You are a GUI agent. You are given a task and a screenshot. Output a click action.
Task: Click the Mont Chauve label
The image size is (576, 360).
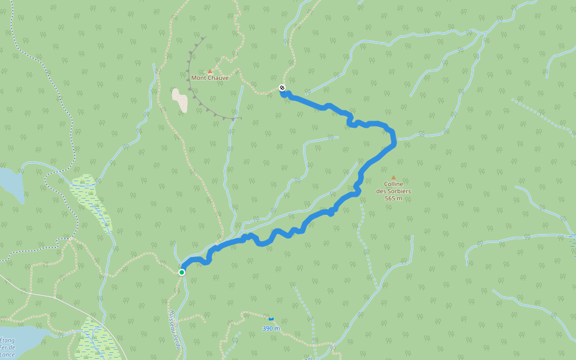pyautogui.click(x=210, y=78)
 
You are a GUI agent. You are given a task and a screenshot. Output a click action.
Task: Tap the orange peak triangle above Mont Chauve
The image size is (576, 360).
pyautogui.click(x=210, y=71)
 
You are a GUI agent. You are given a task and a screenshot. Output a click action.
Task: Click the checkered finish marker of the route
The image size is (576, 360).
pyautogui.click(x=282, y=88)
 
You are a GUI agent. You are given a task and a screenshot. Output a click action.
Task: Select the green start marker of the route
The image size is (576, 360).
pyautogui.click(x=182, y=272)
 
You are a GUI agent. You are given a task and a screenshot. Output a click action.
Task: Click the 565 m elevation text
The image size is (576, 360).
pyautogui.click(x=394, y=198)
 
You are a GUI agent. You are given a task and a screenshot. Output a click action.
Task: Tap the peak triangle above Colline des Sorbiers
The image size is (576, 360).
pyautogui.click(x=394, y=178)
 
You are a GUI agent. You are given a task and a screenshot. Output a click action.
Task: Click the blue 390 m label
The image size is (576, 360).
pyautogui.click(x=271, y=328)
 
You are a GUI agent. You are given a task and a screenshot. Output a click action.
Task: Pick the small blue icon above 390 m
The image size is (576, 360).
pyautogui.click(x=271, y=319)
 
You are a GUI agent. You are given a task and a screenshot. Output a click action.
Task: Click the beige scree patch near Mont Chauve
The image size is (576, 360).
pyautogui.click(x=180, y=100)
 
